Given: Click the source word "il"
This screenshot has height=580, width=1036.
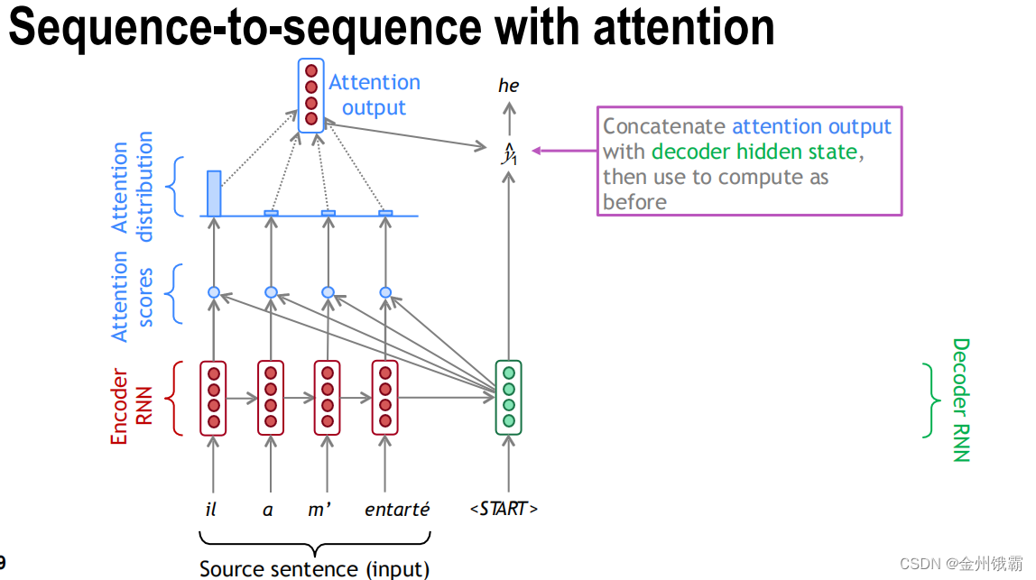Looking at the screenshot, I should (x=211, y=510).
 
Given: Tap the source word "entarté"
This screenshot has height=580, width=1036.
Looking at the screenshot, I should (x=397, y=510).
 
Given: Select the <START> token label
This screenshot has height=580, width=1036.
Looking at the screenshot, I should (x=504, y=509).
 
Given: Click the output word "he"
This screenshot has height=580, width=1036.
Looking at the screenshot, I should (x=509, y=86).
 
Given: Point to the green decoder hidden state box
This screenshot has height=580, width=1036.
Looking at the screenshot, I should (x=509, y=397).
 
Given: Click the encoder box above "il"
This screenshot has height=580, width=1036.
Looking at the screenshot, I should (x=214, y=397).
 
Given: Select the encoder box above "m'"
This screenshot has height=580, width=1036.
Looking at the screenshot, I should (x=328, y=397).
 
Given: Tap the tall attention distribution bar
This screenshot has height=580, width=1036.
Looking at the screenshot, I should (x=214, y=193).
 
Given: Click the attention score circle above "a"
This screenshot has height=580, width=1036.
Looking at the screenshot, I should (x=271, y=292).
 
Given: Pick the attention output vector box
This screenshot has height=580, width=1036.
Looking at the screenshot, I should (x=311, y=95).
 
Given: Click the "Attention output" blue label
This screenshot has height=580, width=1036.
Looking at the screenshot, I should (x=374, y=95).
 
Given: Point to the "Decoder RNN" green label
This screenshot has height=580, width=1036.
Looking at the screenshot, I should (x=960, y=400).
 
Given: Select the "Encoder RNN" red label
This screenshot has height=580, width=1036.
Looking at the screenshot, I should (x=131, y=406).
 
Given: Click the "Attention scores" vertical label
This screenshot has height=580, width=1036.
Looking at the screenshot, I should (x=132, y=296).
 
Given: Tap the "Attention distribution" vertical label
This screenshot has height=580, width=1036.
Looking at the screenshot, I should (x=132, y=187).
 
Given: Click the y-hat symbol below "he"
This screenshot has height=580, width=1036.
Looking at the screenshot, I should (x=509, y=154).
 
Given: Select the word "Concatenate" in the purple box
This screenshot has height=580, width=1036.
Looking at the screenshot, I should (x=664, y=127).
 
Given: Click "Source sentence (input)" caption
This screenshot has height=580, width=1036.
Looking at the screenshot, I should (x=314, y=568).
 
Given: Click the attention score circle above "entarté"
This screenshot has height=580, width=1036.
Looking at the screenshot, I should (x=385, y=292).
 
